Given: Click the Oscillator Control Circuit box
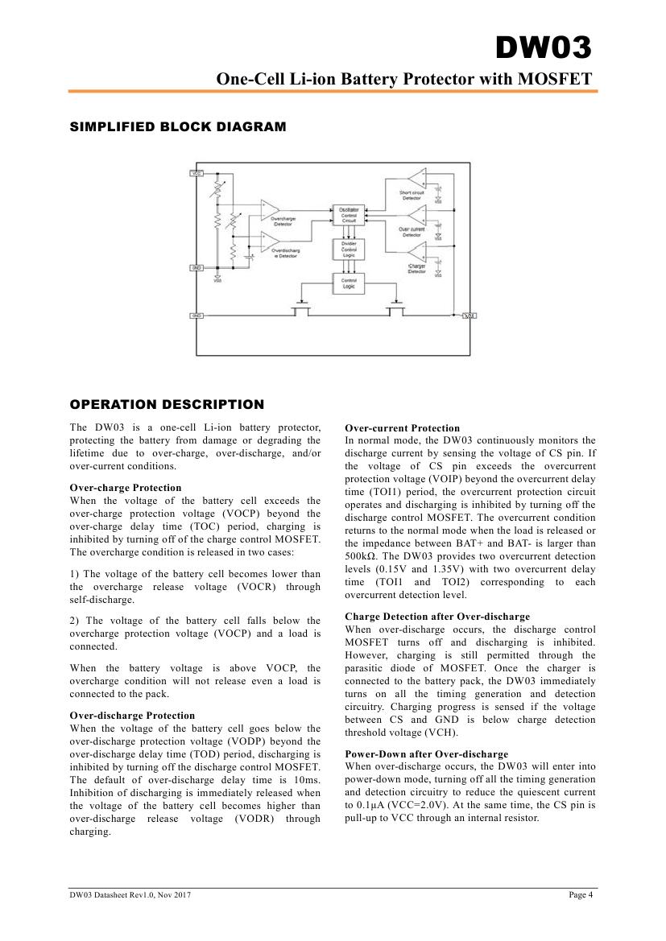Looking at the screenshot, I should (349, 216).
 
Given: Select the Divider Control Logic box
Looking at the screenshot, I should (349, 249).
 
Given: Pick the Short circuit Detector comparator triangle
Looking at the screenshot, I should (417, 177).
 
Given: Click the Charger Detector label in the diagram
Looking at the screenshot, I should (416, 269).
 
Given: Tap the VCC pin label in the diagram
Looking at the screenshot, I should (196, 173).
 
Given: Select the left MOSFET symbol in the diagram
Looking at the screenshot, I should (302, 310).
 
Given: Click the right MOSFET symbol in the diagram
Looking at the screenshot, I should (395, 310).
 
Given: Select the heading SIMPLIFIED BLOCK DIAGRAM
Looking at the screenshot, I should (178, 126).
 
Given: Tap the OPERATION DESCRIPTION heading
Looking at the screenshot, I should (167, 404).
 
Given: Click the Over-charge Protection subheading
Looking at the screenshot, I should (126, 488).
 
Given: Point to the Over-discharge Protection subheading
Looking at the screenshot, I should (132, 716).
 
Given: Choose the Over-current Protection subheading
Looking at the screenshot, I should (402, 428).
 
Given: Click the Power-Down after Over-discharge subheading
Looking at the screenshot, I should (426, 754).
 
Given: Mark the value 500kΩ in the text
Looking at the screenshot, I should (362, 556).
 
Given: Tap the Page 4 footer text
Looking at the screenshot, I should (580, 895).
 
